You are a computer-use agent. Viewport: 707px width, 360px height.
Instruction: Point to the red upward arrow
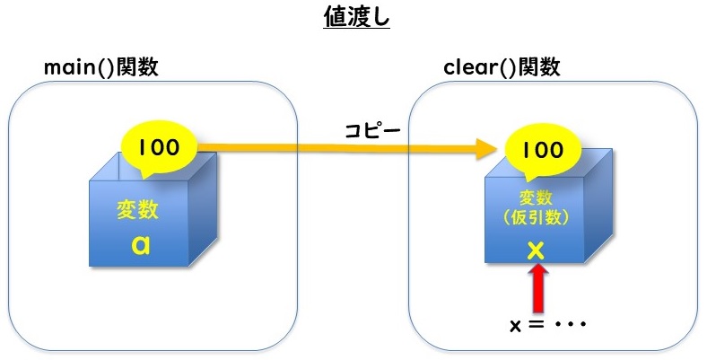(536, 288)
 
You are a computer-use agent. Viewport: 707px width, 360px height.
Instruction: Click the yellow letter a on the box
(138, 244)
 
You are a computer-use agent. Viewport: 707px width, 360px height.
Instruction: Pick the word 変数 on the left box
(138, 210)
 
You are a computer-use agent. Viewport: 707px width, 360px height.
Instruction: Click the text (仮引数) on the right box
(535, 218)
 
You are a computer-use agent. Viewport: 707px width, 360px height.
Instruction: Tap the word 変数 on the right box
(535, 198)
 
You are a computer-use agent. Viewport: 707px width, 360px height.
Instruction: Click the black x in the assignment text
(515, 325)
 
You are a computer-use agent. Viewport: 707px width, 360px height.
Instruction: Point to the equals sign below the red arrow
(535, 324)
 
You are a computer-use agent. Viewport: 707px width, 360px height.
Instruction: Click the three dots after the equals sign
(569, 324)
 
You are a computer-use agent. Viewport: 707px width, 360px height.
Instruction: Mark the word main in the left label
(73, 68)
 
